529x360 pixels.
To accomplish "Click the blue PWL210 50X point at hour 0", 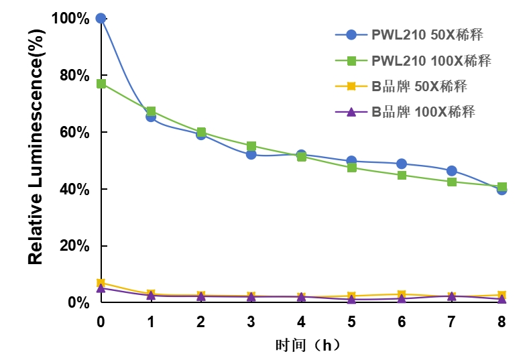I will pos(101,18).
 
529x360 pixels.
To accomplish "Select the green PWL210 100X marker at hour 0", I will pos(101,84).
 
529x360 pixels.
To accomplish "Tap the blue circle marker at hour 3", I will pos(251,154).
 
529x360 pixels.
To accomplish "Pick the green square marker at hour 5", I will pos(351,168).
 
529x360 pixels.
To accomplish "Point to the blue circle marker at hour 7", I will pos(451,171).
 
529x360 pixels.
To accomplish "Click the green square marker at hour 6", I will pos(402,175).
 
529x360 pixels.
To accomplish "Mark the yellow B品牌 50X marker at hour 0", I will pos(101,283).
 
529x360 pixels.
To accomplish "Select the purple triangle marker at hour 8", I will pos(502,299).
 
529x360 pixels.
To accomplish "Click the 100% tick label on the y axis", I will pos(70,18).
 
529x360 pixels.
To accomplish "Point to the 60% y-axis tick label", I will pos(74,132).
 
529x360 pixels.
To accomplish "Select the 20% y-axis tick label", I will pos(74,246).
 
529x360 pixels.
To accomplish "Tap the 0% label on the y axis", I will pos(78,303).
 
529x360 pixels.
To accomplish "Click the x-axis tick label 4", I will pos(301,322).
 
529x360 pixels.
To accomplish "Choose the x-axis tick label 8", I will pos(502,322).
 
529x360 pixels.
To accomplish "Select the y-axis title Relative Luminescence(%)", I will pos(36,161).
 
